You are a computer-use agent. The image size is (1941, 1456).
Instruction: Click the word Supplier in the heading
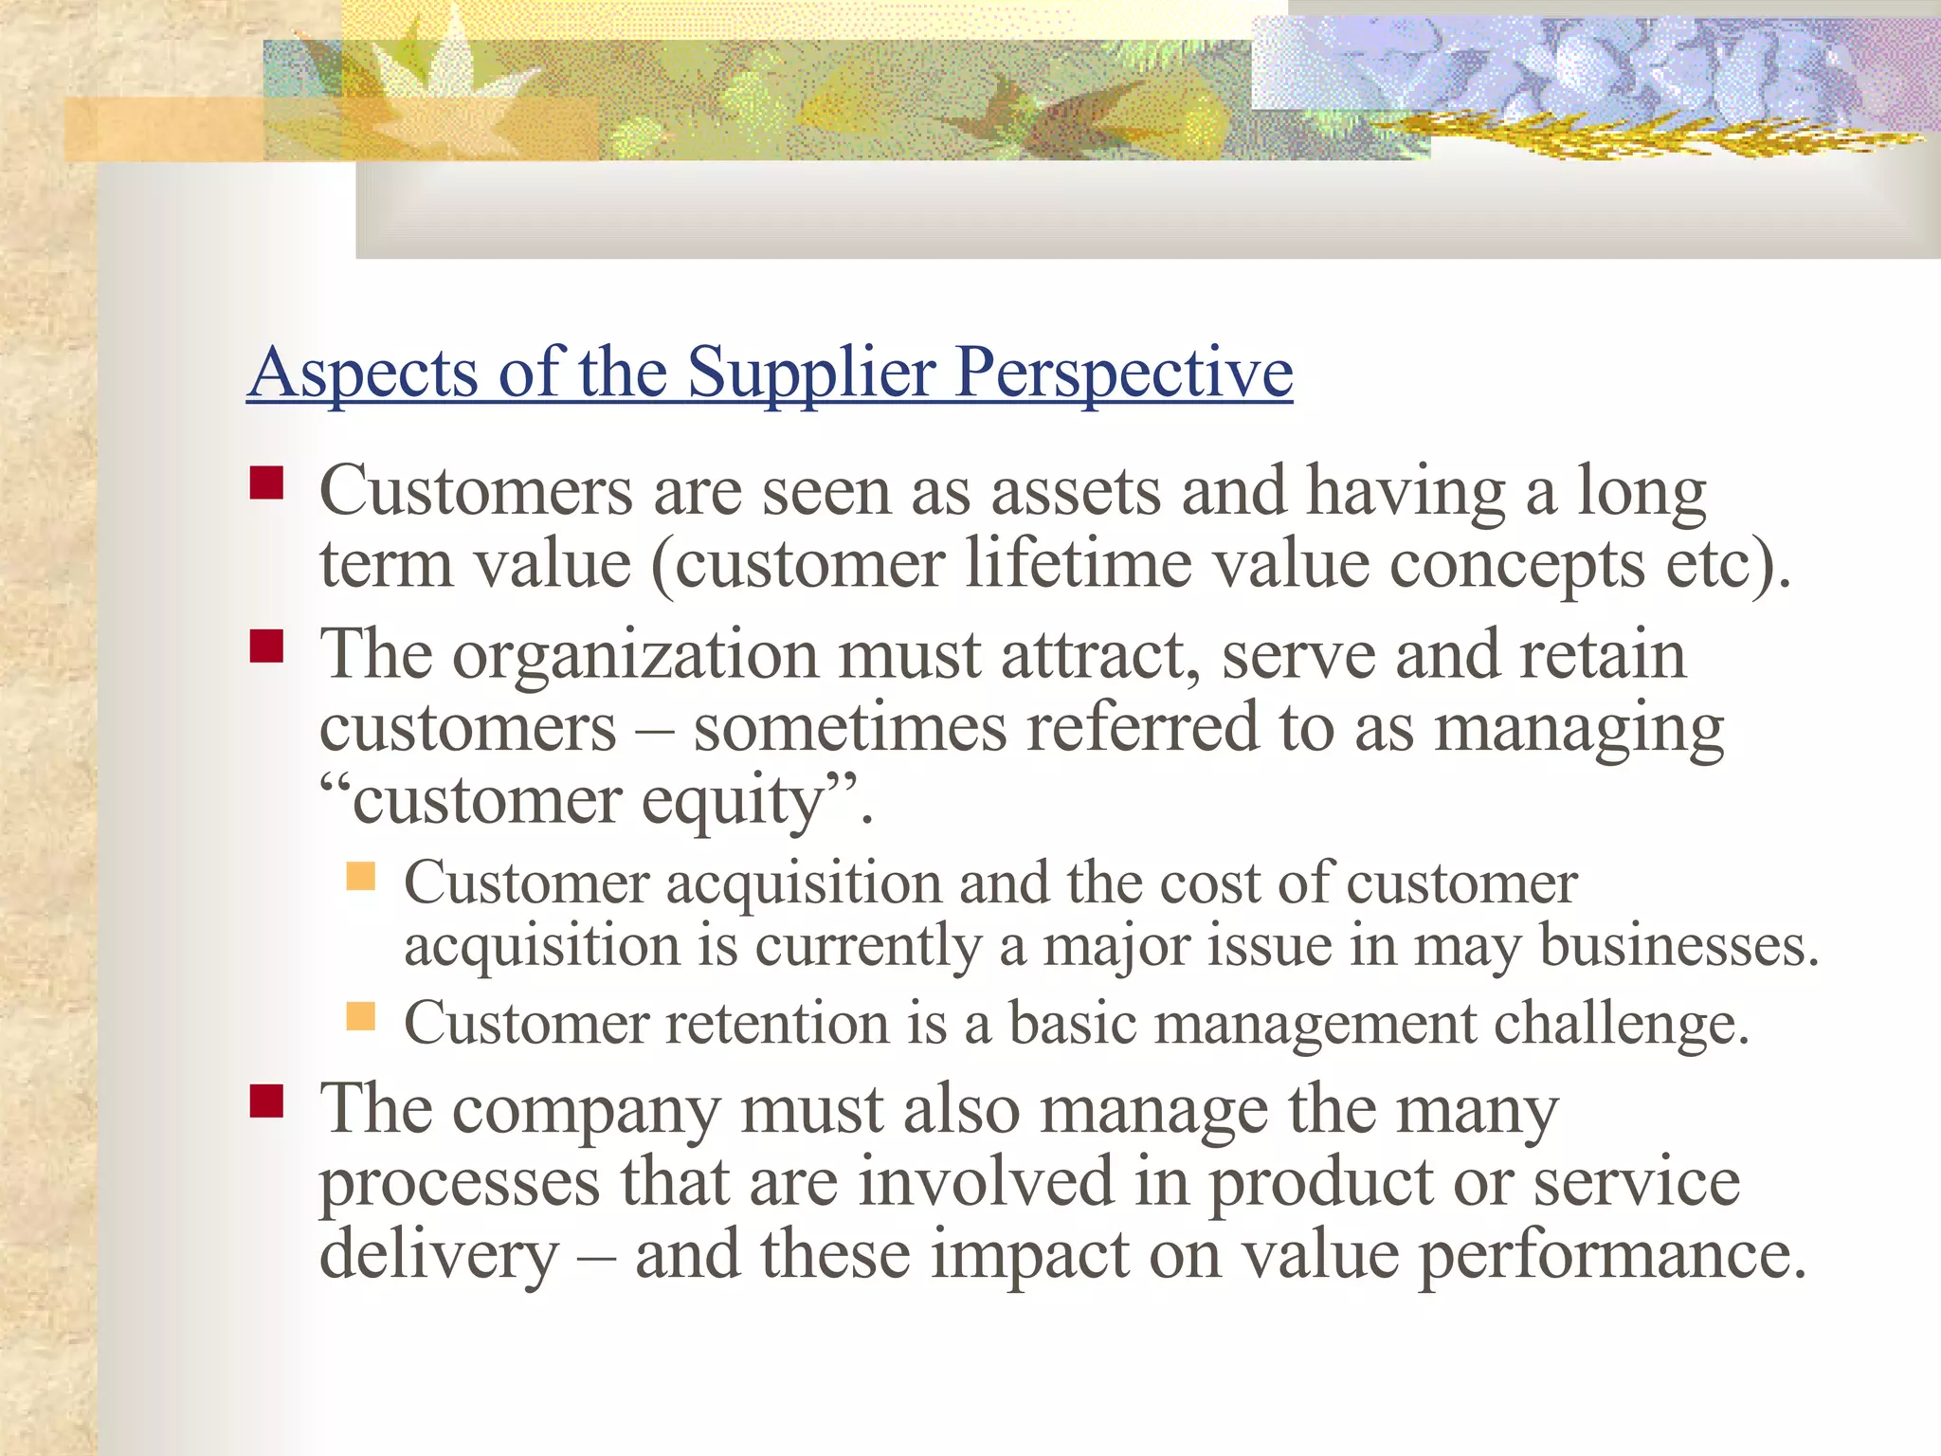tap(811, 372)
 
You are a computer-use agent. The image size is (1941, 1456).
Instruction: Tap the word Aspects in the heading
tap(363, 372)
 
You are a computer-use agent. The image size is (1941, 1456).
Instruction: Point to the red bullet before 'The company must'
tap(266, 1101)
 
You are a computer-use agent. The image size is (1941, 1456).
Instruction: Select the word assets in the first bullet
tap(1076, 492)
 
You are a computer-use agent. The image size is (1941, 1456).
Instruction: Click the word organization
tap(635, 656)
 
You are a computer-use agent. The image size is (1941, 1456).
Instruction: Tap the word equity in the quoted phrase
tap(731, 802)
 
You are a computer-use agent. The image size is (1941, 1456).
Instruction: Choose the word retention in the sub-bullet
tap(777, 1024)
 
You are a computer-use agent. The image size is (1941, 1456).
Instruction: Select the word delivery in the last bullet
tap(439, 1256)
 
